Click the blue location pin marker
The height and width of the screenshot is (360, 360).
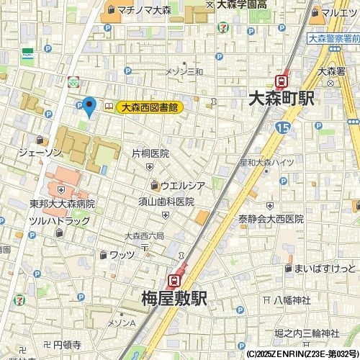pyautogui.click(x=89, y=107)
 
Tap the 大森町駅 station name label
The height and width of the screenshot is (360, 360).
pyautogui.click(x=281, y=99)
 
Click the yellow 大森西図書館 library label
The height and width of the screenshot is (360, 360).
pyautogui.click(x=149, y=107)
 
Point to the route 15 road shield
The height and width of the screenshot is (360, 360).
pyautogui.click(x=282, y=127)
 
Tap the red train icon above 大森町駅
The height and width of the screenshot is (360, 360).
pyautogui.click(x=282, y=81)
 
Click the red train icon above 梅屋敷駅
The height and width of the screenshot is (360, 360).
pyautogui.click(x=174, y=279)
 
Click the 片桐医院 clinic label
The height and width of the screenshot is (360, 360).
pyautogui.click(x=150, y=153)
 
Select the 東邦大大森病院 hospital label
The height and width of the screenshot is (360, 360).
pyautogui.click(x=62, y=204)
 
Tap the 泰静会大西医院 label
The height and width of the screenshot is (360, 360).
pyautogui.click(x=271, y=219)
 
